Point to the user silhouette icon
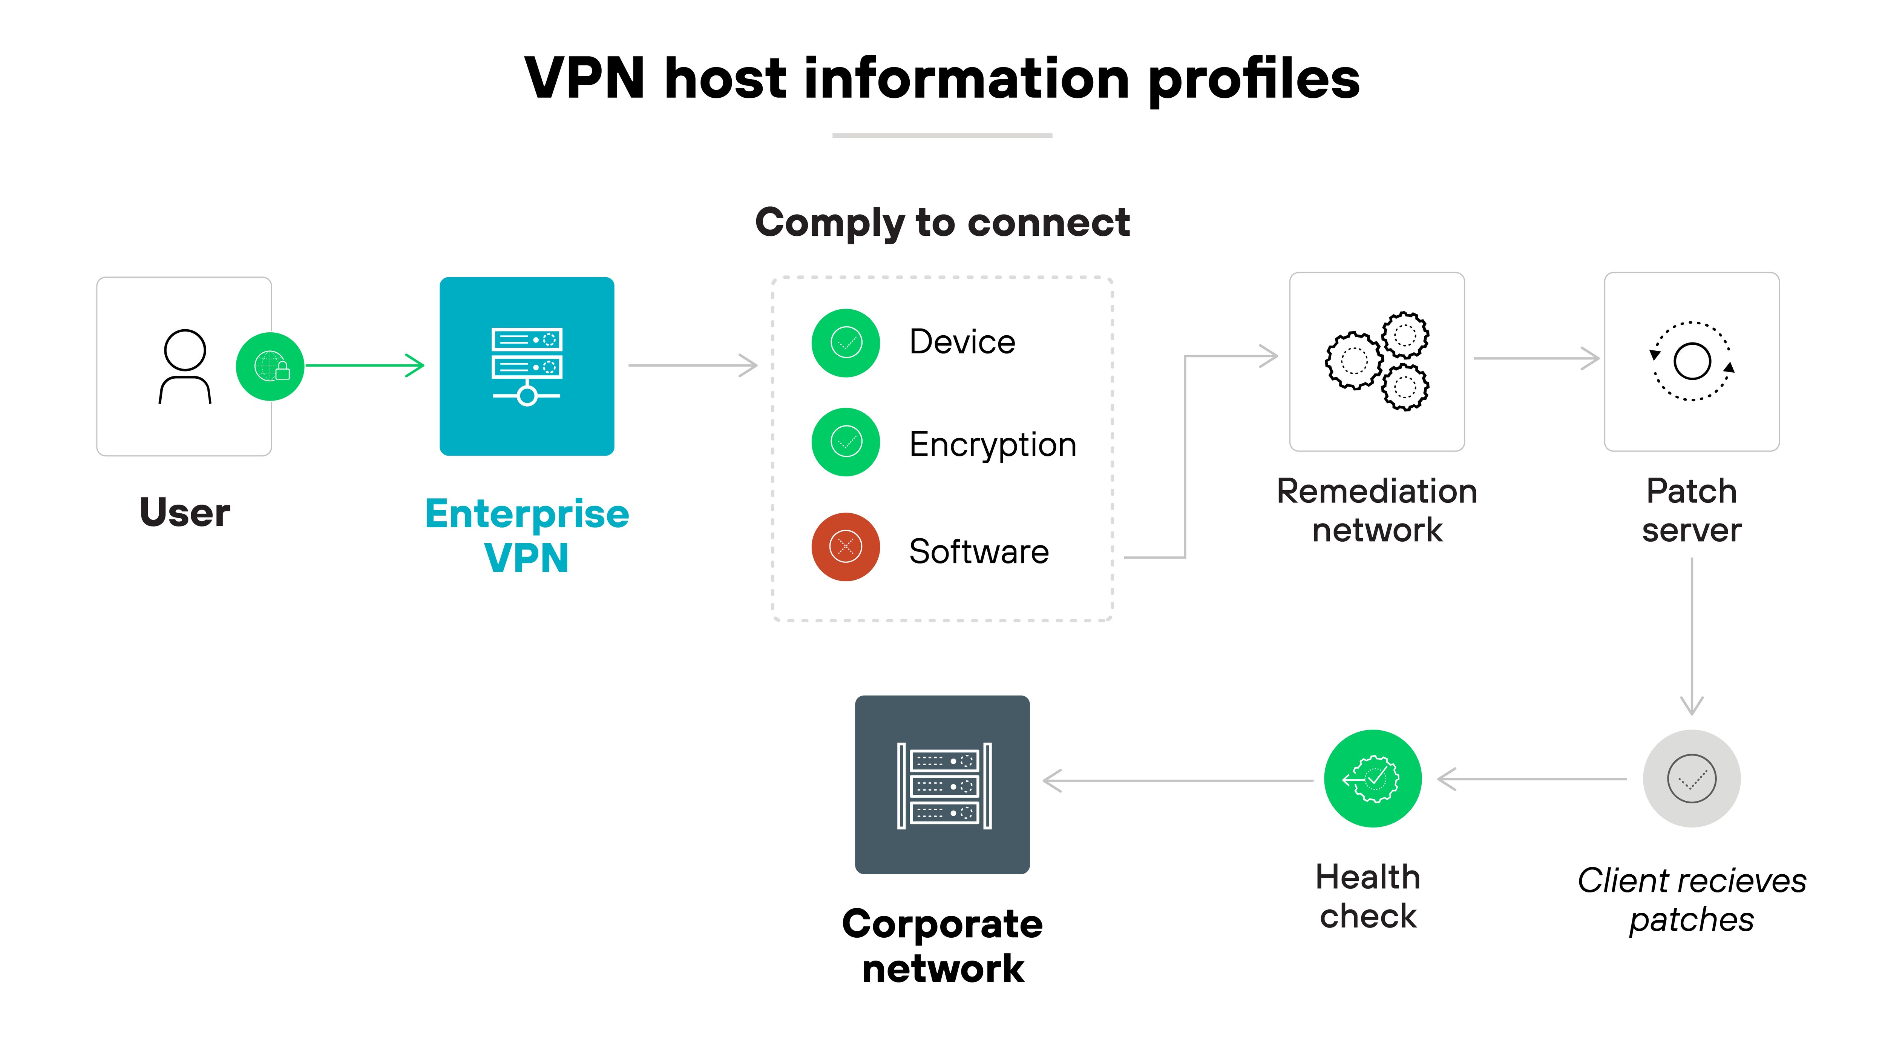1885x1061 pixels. click(x=185, y=366)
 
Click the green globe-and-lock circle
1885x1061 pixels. click(x=270, y=366)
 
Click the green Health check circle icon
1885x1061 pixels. click(x=1373, y=778)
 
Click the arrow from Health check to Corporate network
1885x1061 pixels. click(x=1178, y=780)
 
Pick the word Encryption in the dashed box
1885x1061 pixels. click(x=992, y=444)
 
